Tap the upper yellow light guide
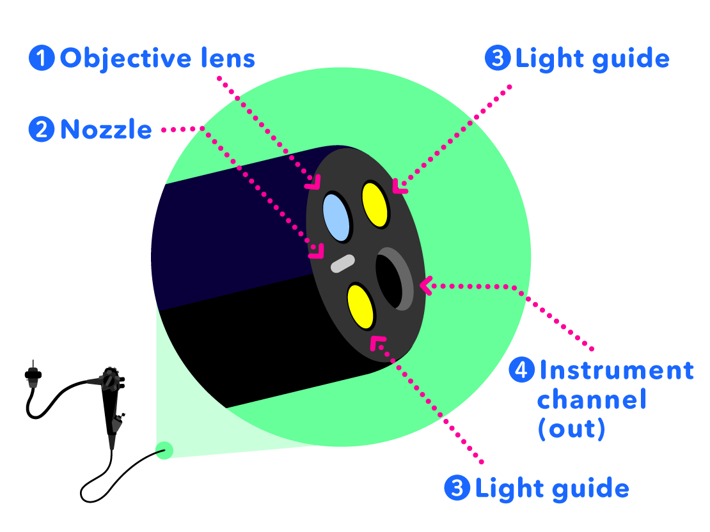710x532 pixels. [x=375, y=204]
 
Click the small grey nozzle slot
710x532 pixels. [x=342, y=263]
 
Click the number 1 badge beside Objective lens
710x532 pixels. [x=42, y=59]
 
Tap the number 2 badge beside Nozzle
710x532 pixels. [x=42, y=130]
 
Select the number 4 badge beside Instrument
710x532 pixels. [x=521, y=370]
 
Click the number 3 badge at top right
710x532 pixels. [x=498, y=59]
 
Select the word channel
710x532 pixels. [x=592, y=400]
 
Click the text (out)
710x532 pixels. [x=571, y=429]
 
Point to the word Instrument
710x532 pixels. [x=616, y=370]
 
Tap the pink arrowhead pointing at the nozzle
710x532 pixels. [x=315, y=252]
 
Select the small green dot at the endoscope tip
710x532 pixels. [x=164, y=450]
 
